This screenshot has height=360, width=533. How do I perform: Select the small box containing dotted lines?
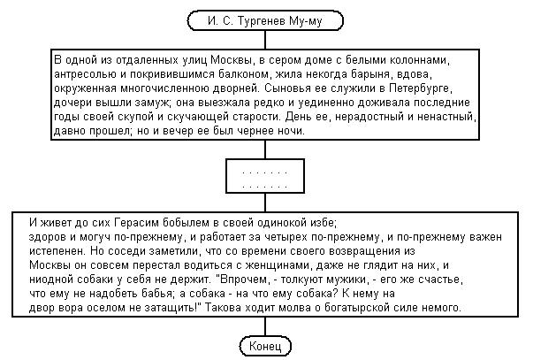[x=265, y=176]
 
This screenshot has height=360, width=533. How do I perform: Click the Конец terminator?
[x=265, y=344]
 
